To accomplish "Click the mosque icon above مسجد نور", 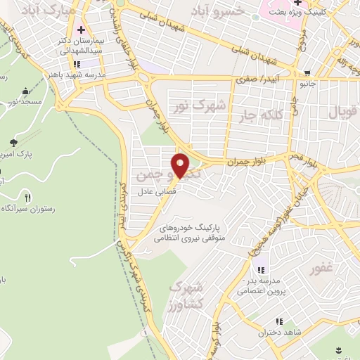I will (x=26, y=91).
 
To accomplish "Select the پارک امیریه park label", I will (x=15, y=153).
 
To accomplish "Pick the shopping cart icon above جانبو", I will (x=307, y=72).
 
